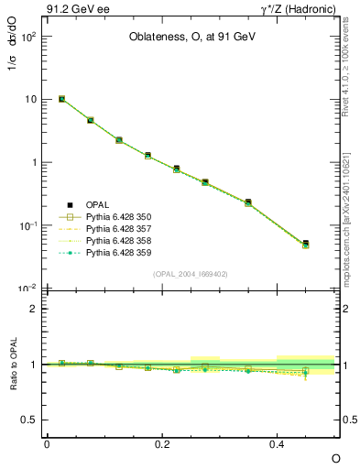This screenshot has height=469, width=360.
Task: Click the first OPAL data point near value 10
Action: tap(61, 99)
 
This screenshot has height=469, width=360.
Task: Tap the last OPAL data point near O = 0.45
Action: tap(305, 244)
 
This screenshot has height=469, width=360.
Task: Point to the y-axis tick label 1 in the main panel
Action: tap(33, 162)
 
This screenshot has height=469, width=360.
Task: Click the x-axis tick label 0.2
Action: tap(162, 443)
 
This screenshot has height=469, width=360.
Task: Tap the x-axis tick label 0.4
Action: tap(277, 443)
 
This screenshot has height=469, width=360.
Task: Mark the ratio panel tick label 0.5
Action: tap(30, 420)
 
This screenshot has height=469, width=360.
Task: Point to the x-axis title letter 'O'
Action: tap(334, 456)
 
